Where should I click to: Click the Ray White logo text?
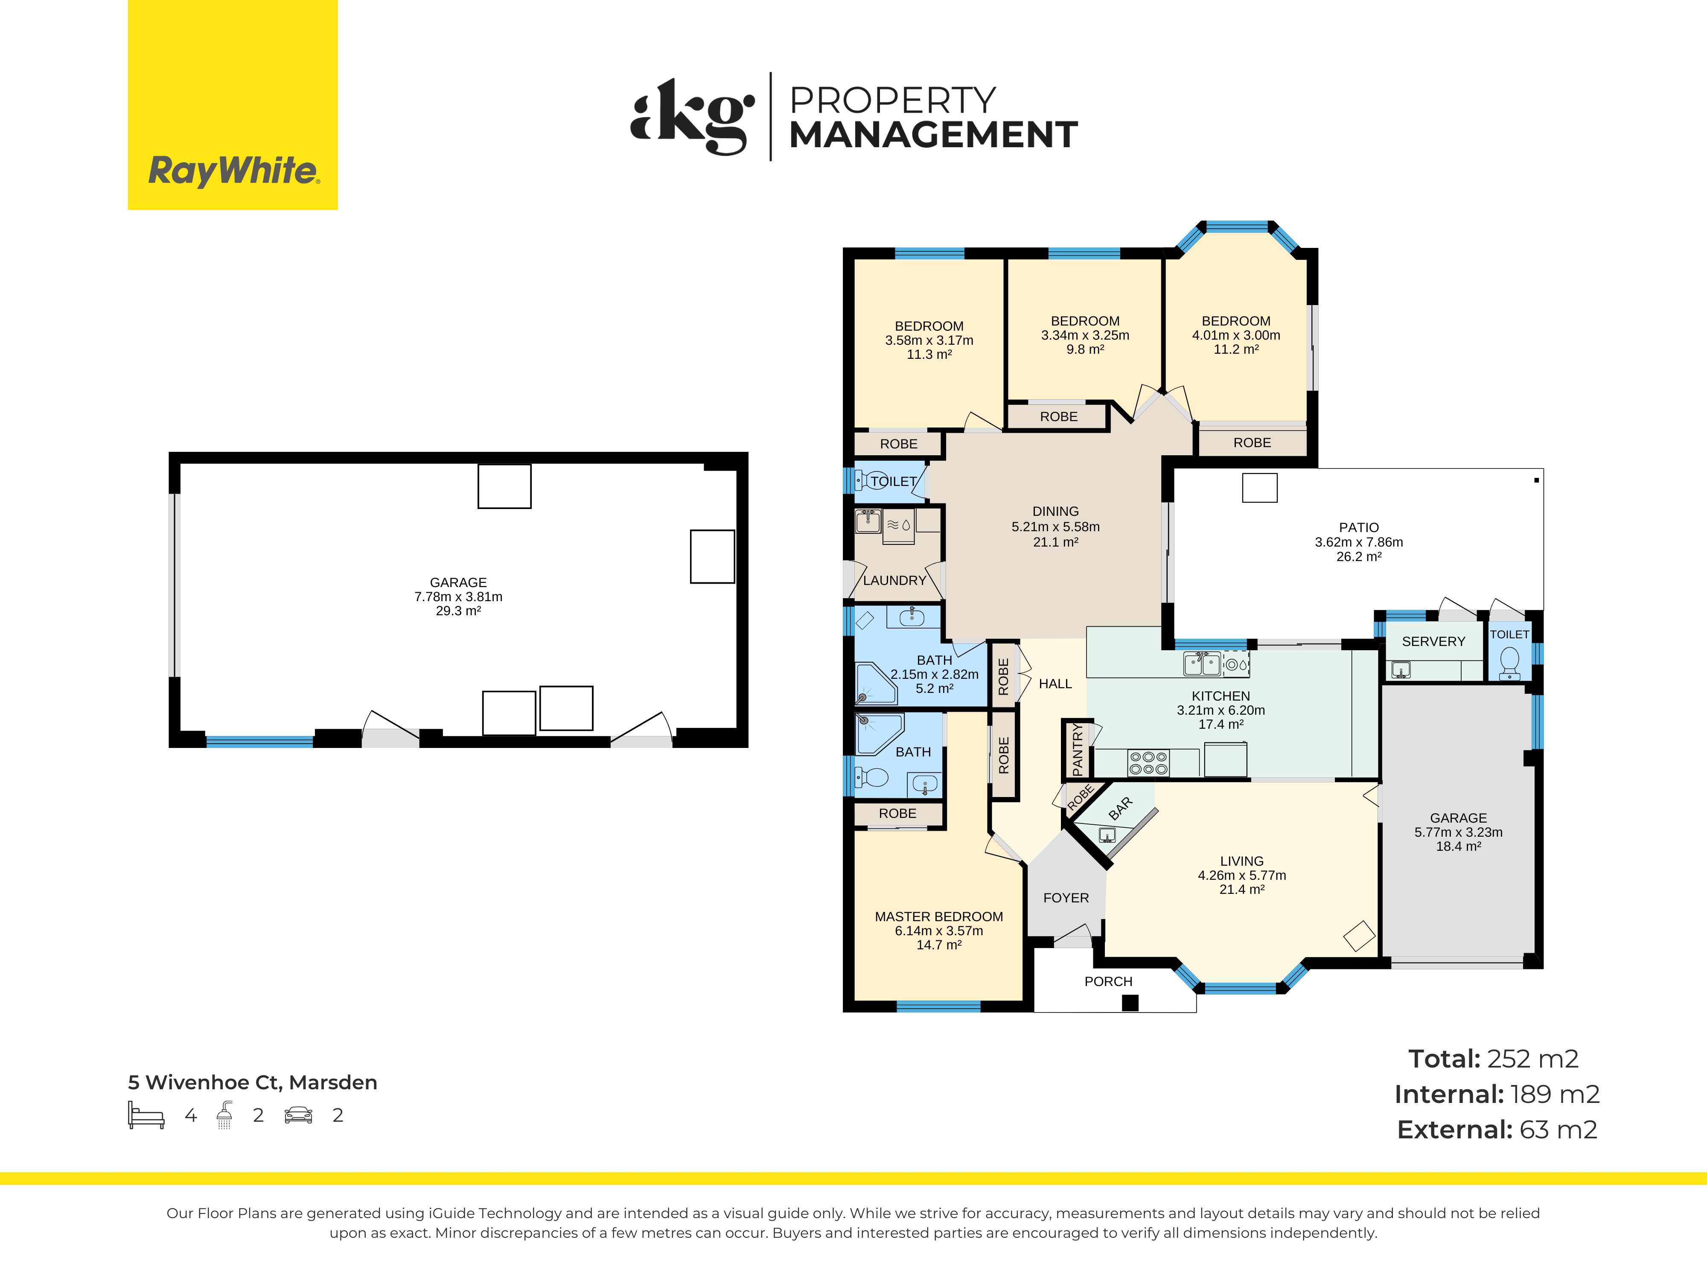click(x=233, y=171)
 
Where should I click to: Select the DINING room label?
click(x=1056, y=512)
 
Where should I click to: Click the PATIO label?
click(x=1358, y=528)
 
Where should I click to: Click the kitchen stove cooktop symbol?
click(x=1148, y=763)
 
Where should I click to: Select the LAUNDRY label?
click(x=894, y=580)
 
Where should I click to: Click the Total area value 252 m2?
click(x=1532, y=1059)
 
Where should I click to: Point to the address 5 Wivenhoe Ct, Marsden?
click(x=252, y=1082)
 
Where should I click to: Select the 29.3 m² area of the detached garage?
click(x=458, y=611)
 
